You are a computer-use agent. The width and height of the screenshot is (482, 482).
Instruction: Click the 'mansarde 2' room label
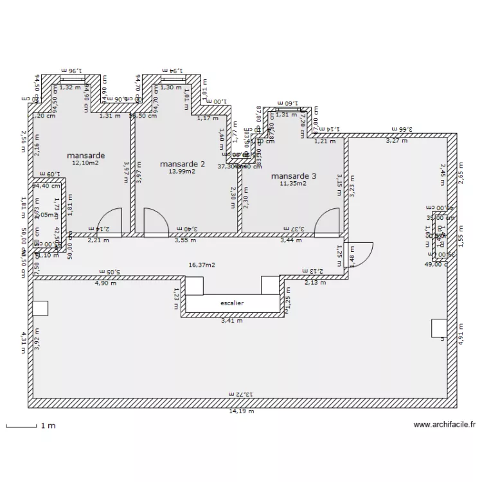coord(183,164)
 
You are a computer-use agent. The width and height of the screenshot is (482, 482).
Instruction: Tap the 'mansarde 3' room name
coord(293,175)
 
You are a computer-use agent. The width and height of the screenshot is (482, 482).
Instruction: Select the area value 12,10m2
coord(85,163)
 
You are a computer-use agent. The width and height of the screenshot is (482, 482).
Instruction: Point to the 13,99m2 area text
coord(182,172)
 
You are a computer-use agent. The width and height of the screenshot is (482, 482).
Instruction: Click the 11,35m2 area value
coord(293,183)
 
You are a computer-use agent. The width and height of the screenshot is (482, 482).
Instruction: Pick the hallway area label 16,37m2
coord(202,264)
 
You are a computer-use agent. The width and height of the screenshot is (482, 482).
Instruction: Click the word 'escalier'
coord(232,303)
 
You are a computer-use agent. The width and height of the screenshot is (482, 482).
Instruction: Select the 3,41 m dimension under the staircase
coord(231,320)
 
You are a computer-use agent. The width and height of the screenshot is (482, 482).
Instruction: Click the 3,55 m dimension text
coord(185,240)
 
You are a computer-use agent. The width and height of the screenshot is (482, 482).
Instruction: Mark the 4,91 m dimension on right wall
coord(460,334)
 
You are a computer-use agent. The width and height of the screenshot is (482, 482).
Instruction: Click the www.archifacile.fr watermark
coord(445,425)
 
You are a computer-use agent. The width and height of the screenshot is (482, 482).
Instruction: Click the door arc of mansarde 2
coord(156,220)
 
